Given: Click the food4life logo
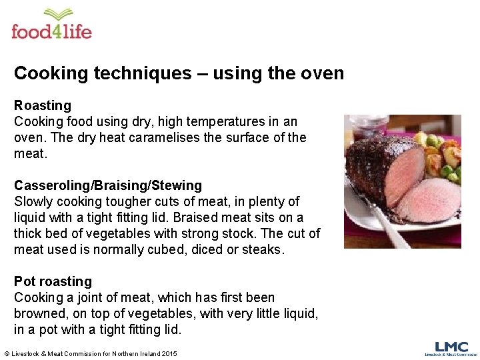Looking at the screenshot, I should (51, 25).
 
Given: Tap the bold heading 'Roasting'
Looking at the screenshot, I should (43, 105).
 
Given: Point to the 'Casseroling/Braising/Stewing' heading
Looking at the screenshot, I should (108, 185).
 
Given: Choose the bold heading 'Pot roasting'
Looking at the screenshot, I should (53, 281).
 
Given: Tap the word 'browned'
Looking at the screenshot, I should (40, 314).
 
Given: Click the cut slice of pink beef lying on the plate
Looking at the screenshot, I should (434, 200).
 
